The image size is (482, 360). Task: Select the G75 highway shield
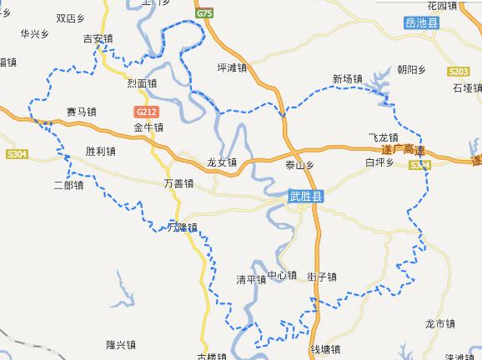[206, 14]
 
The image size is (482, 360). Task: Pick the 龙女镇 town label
[223, 162]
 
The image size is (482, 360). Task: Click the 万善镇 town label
[179, 182]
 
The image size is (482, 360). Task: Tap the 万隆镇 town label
[182, 227]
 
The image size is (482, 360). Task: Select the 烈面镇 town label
[142, 83]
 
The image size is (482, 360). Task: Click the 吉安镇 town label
[99, 38]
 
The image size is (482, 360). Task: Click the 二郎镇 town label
[68, 184]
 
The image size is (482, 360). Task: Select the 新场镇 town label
[347, 80]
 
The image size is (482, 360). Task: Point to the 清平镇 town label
[250, 279]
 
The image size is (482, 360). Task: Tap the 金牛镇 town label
[148, 127]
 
